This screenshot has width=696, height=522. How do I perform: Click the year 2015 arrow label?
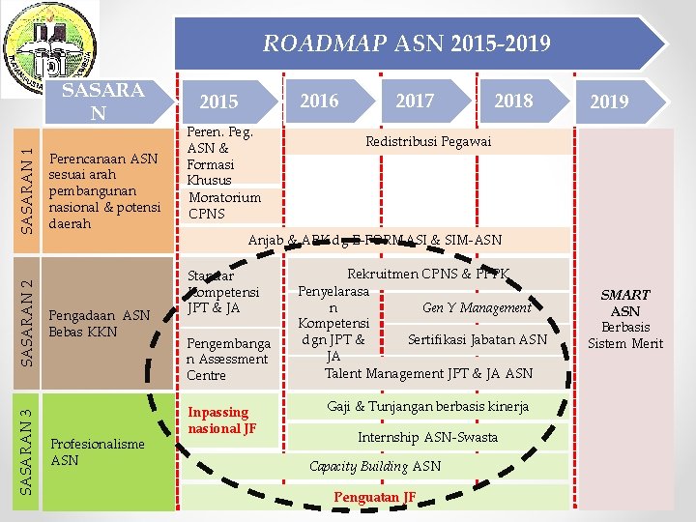point(218,102)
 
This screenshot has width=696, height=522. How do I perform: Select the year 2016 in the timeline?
point(319,101)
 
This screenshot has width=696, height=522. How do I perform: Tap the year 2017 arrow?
point(415,101)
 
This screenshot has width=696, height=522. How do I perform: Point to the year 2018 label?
point(513,101)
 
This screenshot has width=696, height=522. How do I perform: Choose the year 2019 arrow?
point(609,101)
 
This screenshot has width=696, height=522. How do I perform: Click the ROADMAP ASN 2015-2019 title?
point(407,43)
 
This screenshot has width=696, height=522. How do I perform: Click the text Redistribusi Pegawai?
point(427,141)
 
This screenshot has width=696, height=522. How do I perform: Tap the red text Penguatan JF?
point(374,497)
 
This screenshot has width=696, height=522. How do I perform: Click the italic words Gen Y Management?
point(477,307)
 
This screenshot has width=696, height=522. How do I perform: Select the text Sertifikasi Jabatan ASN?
point(477,339)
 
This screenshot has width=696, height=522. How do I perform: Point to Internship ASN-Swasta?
point(427,437)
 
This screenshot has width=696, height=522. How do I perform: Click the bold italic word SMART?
point(625,295)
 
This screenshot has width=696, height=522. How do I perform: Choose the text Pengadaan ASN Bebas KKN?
point(101,323)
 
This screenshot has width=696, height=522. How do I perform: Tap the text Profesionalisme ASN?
point(97,451)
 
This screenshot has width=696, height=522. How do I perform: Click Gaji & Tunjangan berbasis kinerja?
point(427,406)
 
